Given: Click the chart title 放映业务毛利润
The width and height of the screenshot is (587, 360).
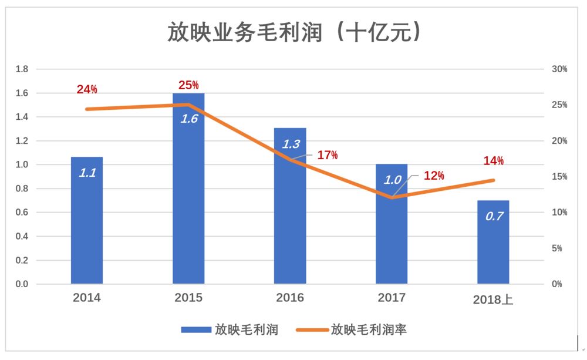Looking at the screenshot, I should (294, 32).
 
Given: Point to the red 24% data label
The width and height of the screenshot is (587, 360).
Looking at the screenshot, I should (87, 90).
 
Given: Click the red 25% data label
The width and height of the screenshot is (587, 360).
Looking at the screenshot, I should (188, 86).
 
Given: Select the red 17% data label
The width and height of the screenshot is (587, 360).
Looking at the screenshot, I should (328, 156).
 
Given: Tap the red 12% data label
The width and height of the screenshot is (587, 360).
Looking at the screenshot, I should (434, 176).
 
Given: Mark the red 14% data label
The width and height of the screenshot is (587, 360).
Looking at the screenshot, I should (493, 161).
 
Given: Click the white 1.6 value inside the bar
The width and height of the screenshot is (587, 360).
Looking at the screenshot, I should (189, 118).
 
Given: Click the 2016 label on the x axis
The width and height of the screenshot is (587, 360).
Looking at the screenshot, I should (290, 298).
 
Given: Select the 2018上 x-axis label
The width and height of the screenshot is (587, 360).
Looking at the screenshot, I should (493, 300).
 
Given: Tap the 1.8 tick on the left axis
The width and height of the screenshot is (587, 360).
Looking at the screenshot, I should (22, 69).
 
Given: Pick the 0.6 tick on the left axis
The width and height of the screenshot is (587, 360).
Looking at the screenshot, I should (22, 213).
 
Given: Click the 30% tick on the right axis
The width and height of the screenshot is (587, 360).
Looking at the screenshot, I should (559, 69).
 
